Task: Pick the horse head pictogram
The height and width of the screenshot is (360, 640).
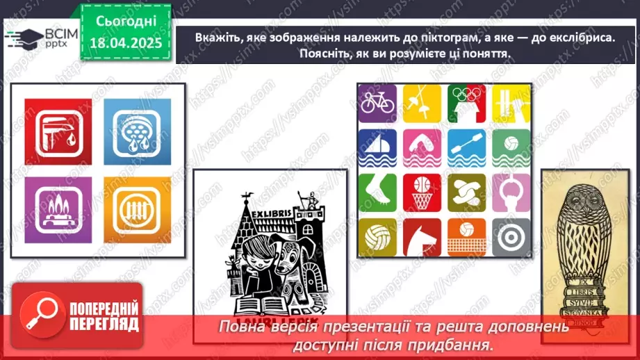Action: (422, 237)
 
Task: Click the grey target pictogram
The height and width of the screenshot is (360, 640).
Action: (511, 237)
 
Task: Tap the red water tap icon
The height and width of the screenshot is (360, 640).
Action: (58, 132)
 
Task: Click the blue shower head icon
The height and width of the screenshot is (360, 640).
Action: (137, 132)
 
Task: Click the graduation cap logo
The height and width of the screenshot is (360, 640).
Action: (23, 38)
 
